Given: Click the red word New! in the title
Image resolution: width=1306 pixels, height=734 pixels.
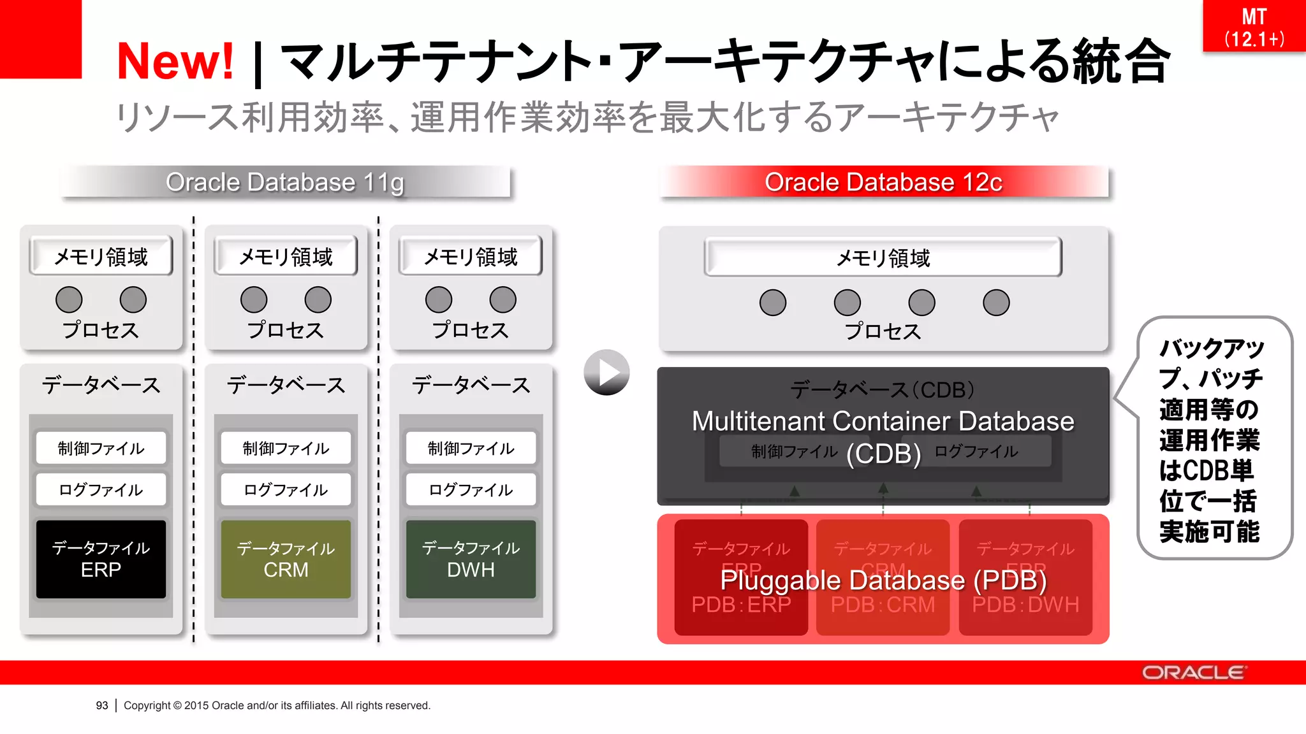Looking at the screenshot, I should click(x=175, y=61).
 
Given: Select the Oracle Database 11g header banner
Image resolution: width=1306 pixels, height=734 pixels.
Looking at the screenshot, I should click(x=285, y=182).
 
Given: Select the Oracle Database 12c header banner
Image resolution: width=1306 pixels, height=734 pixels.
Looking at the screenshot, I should click(x=883, y=182).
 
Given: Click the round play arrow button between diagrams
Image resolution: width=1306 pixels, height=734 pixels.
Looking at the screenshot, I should click(x=606, y=372).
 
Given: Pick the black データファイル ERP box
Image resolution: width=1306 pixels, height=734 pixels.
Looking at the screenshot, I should click(x=101, y=559).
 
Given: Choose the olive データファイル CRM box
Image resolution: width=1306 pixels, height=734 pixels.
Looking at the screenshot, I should click(x=286, y=559).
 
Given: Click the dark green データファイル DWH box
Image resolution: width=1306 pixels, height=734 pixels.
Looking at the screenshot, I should click(x=471, y=559).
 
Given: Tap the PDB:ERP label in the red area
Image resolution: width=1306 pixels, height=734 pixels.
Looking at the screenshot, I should click(x=741, y=605).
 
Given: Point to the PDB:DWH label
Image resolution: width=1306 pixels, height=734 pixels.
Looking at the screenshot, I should click(x=1025, y=605).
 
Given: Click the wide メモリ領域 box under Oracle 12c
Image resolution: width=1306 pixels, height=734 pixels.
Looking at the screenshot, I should click(x=883, y=257).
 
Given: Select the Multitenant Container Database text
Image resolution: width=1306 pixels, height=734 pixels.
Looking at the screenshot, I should click(x=883, y=421).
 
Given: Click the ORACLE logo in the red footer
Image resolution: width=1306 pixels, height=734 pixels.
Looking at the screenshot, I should click(x=1192, y=673).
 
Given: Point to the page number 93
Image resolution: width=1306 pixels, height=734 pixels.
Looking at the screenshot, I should click(x=102, y=705).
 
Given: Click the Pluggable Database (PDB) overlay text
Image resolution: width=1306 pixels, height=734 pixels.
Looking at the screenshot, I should click(x=883, y=580).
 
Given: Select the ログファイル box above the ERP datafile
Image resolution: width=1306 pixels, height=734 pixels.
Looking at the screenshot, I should click(x=101, y=489).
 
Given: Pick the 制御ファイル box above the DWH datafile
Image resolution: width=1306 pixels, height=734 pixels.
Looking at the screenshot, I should click(x=471, y=448).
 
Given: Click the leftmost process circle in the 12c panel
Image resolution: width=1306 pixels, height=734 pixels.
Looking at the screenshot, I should click(x=773, y=303).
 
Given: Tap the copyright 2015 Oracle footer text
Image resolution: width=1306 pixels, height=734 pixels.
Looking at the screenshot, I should click(x=277, y=705).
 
